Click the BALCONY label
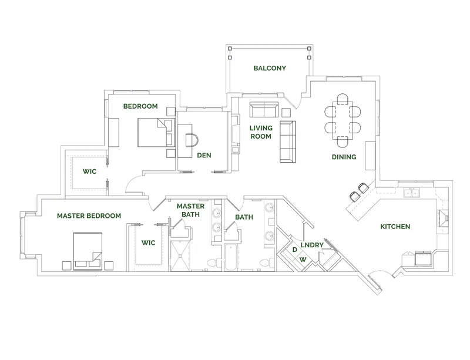(270, 68)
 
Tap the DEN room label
(204, 156)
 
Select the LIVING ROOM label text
(260, 132)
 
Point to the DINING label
(344, 157)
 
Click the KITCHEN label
(395, 227)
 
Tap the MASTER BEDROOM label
(89, 216)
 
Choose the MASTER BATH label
(190, 210)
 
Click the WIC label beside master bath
(148, 242)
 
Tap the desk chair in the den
(193, 140)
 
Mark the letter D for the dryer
(294, 250)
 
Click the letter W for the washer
(303, 259)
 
